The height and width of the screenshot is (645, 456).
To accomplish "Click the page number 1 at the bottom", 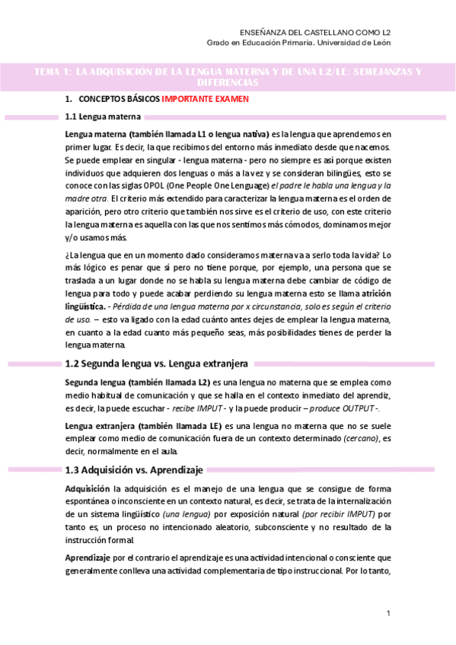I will click(388, 613).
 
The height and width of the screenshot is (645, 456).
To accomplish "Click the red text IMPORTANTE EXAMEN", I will click(204, 100).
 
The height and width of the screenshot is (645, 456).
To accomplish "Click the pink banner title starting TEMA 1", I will click(228, 76).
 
